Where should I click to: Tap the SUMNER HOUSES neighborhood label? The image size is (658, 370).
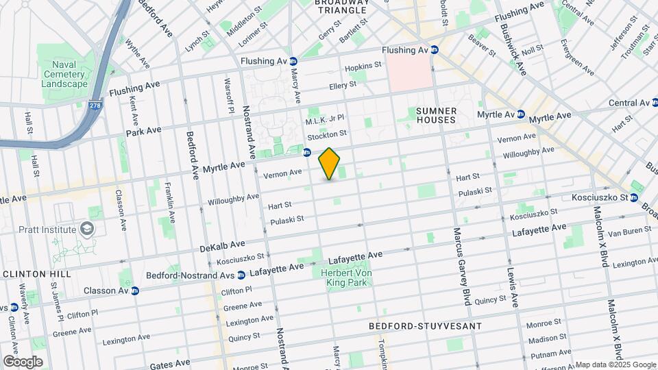pos(435,114)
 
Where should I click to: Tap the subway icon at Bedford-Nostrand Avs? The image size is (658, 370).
pos(241,275)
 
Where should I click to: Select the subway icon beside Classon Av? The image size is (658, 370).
pos(135,291)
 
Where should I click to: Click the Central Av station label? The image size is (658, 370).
pos(629,103)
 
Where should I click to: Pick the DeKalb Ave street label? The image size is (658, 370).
pos(223,245)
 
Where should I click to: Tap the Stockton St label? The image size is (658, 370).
pos(327,134)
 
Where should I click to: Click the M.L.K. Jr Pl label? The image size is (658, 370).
pos(325,119)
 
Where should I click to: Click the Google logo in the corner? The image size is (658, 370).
pos(23,361)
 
